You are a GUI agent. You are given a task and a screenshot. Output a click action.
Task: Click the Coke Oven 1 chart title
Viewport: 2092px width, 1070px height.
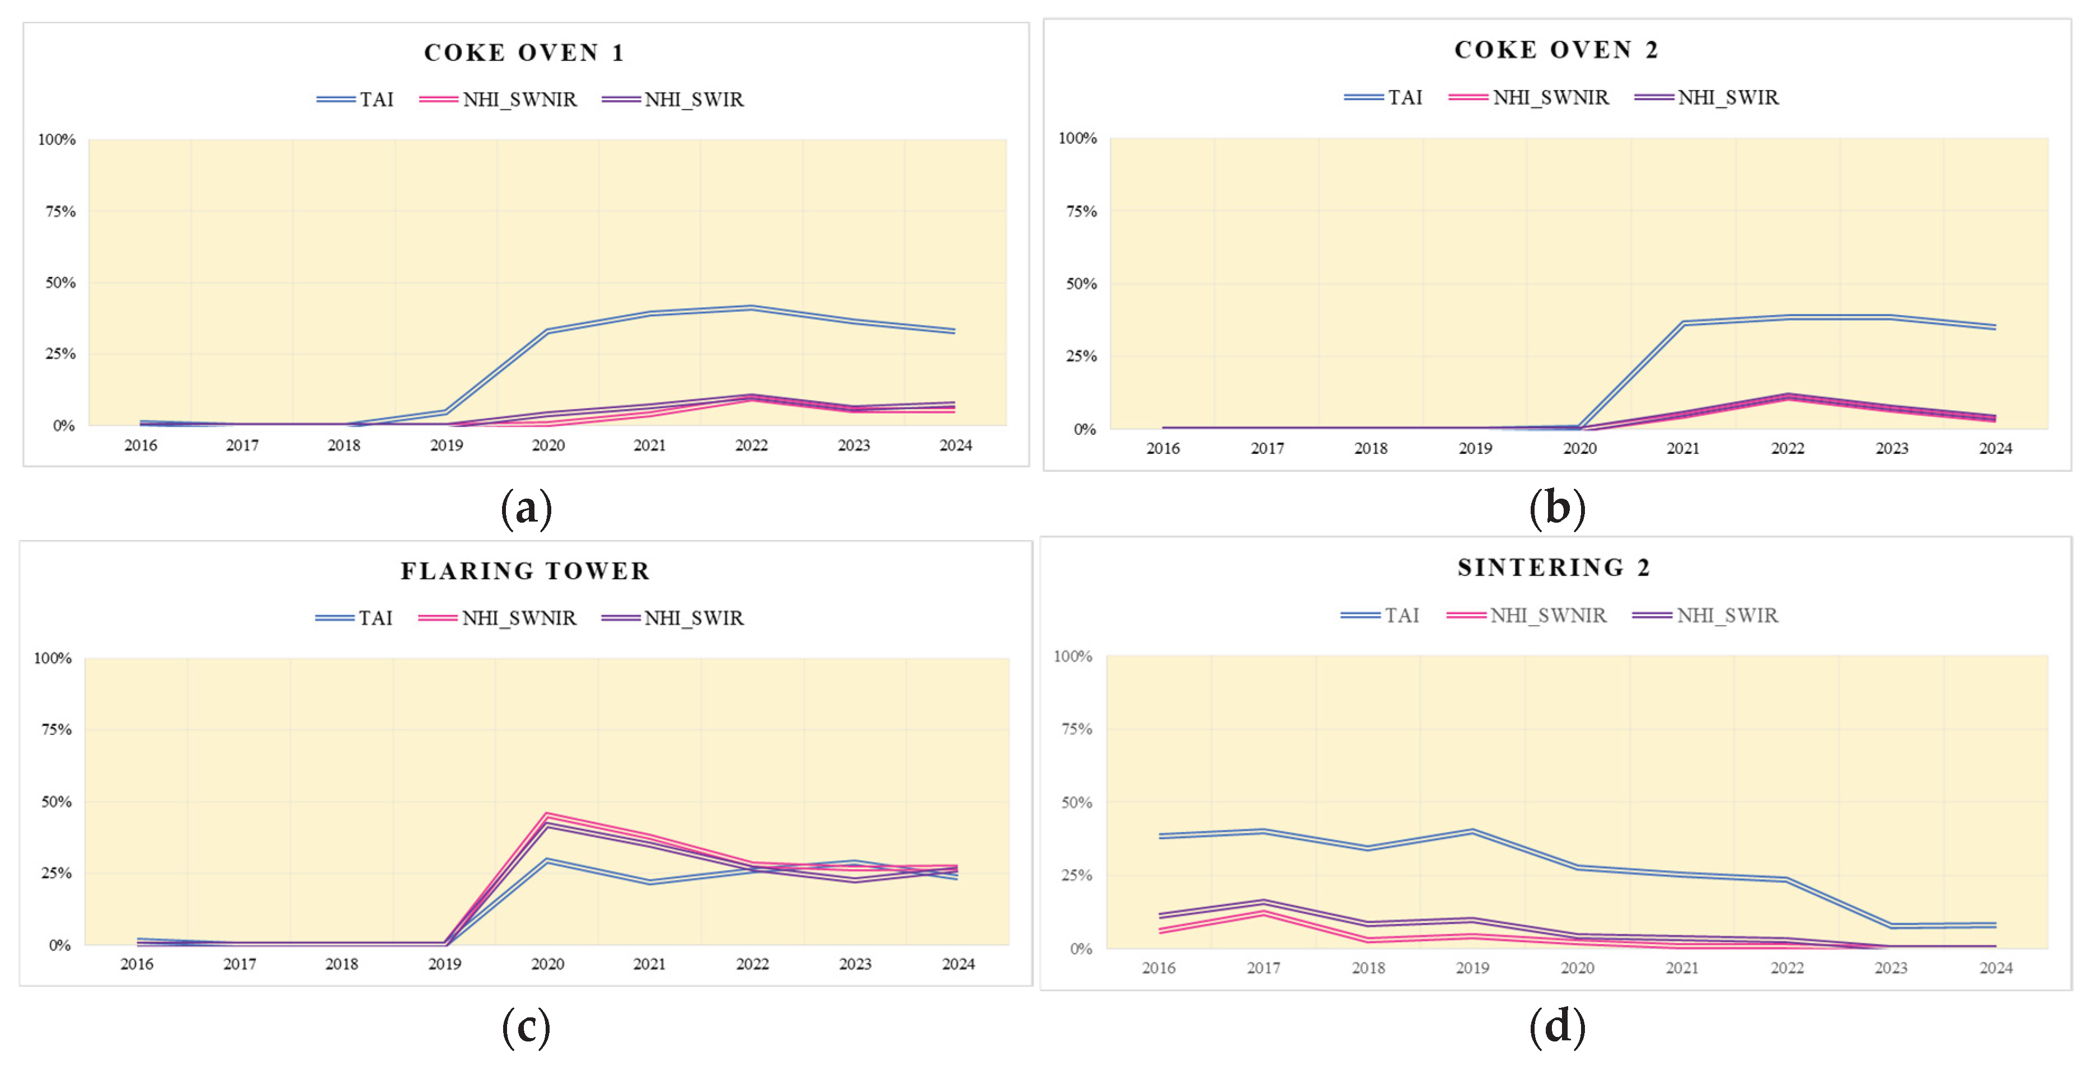tap(524, 53)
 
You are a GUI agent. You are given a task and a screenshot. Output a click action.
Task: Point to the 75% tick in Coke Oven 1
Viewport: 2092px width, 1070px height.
tap(60, 211)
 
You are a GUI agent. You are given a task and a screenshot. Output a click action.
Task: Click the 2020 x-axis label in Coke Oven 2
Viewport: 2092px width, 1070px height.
tap(1579, 448)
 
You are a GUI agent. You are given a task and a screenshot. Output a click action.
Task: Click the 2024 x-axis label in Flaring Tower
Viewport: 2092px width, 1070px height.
tap(958, 964)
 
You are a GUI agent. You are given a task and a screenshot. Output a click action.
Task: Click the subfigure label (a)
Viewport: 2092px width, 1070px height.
tap(526, 509)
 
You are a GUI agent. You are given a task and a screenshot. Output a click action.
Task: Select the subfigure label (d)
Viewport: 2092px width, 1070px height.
tap(1557, 1026)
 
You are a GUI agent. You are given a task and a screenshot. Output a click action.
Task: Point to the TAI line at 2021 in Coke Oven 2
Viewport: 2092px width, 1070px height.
tap(1683, 323)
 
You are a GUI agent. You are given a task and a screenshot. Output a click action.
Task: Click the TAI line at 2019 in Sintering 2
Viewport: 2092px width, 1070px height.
tap(1472, 831)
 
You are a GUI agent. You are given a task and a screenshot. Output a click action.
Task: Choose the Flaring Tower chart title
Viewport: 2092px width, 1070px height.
tap(526, 571)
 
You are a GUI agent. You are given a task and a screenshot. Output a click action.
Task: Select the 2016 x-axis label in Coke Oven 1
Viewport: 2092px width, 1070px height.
tap(140, 445)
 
